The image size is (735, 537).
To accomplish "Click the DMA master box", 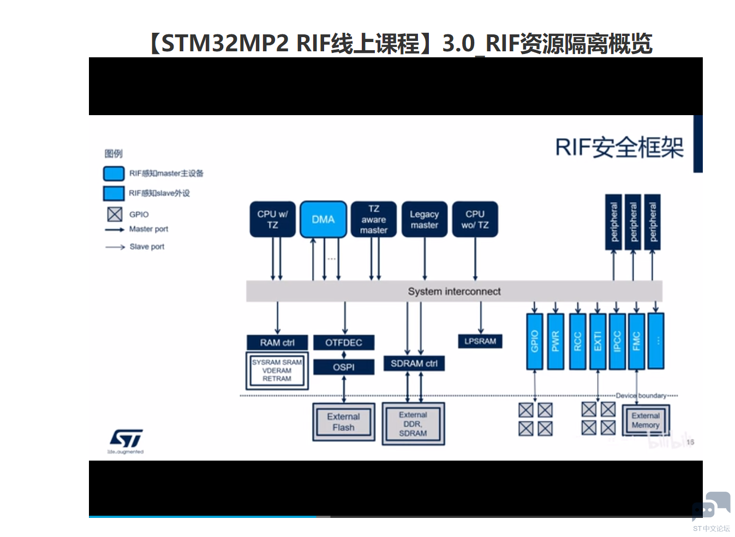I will (x=323, y=219).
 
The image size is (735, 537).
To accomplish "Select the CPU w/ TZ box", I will (x=272, y=219).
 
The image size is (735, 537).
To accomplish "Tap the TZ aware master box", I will (x=374, y=219).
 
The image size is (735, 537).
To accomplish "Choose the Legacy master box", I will (x=424, y=219).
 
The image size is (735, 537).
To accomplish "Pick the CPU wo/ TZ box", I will (x=475, y=219).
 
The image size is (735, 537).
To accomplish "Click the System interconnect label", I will (x=454, y=291).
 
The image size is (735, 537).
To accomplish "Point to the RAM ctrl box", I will (x=277, y=343).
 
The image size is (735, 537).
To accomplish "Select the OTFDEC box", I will (x=344, y=343).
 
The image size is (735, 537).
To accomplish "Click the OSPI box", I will (x=344, y=367).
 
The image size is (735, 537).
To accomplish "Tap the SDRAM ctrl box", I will (x=414, y=363).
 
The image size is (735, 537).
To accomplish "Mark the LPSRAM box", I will (x=480, y=341).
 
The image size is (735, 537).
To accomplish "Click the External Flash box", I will (x=344, y=422).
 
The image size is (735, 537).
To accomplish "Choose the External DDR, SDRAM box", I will (x=413, y=424).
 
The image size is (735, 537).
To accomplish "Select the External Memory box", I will (x=646, y=420).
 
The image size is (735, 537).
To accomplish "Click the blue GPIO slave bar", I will (x=534, y=341).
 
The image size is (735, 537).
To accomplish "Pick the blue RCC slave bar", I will (x=577, y=341).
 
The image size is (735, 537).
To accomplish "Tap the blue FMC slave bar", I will (x=636, y=341).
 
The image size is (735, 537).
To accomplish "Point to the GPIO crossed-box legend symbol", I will (x=115, y=214).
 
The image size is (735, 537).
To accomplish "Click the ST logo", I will (x=126, y=439).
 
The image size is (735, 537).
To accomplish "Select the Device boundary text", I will (x=641, y=396).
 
